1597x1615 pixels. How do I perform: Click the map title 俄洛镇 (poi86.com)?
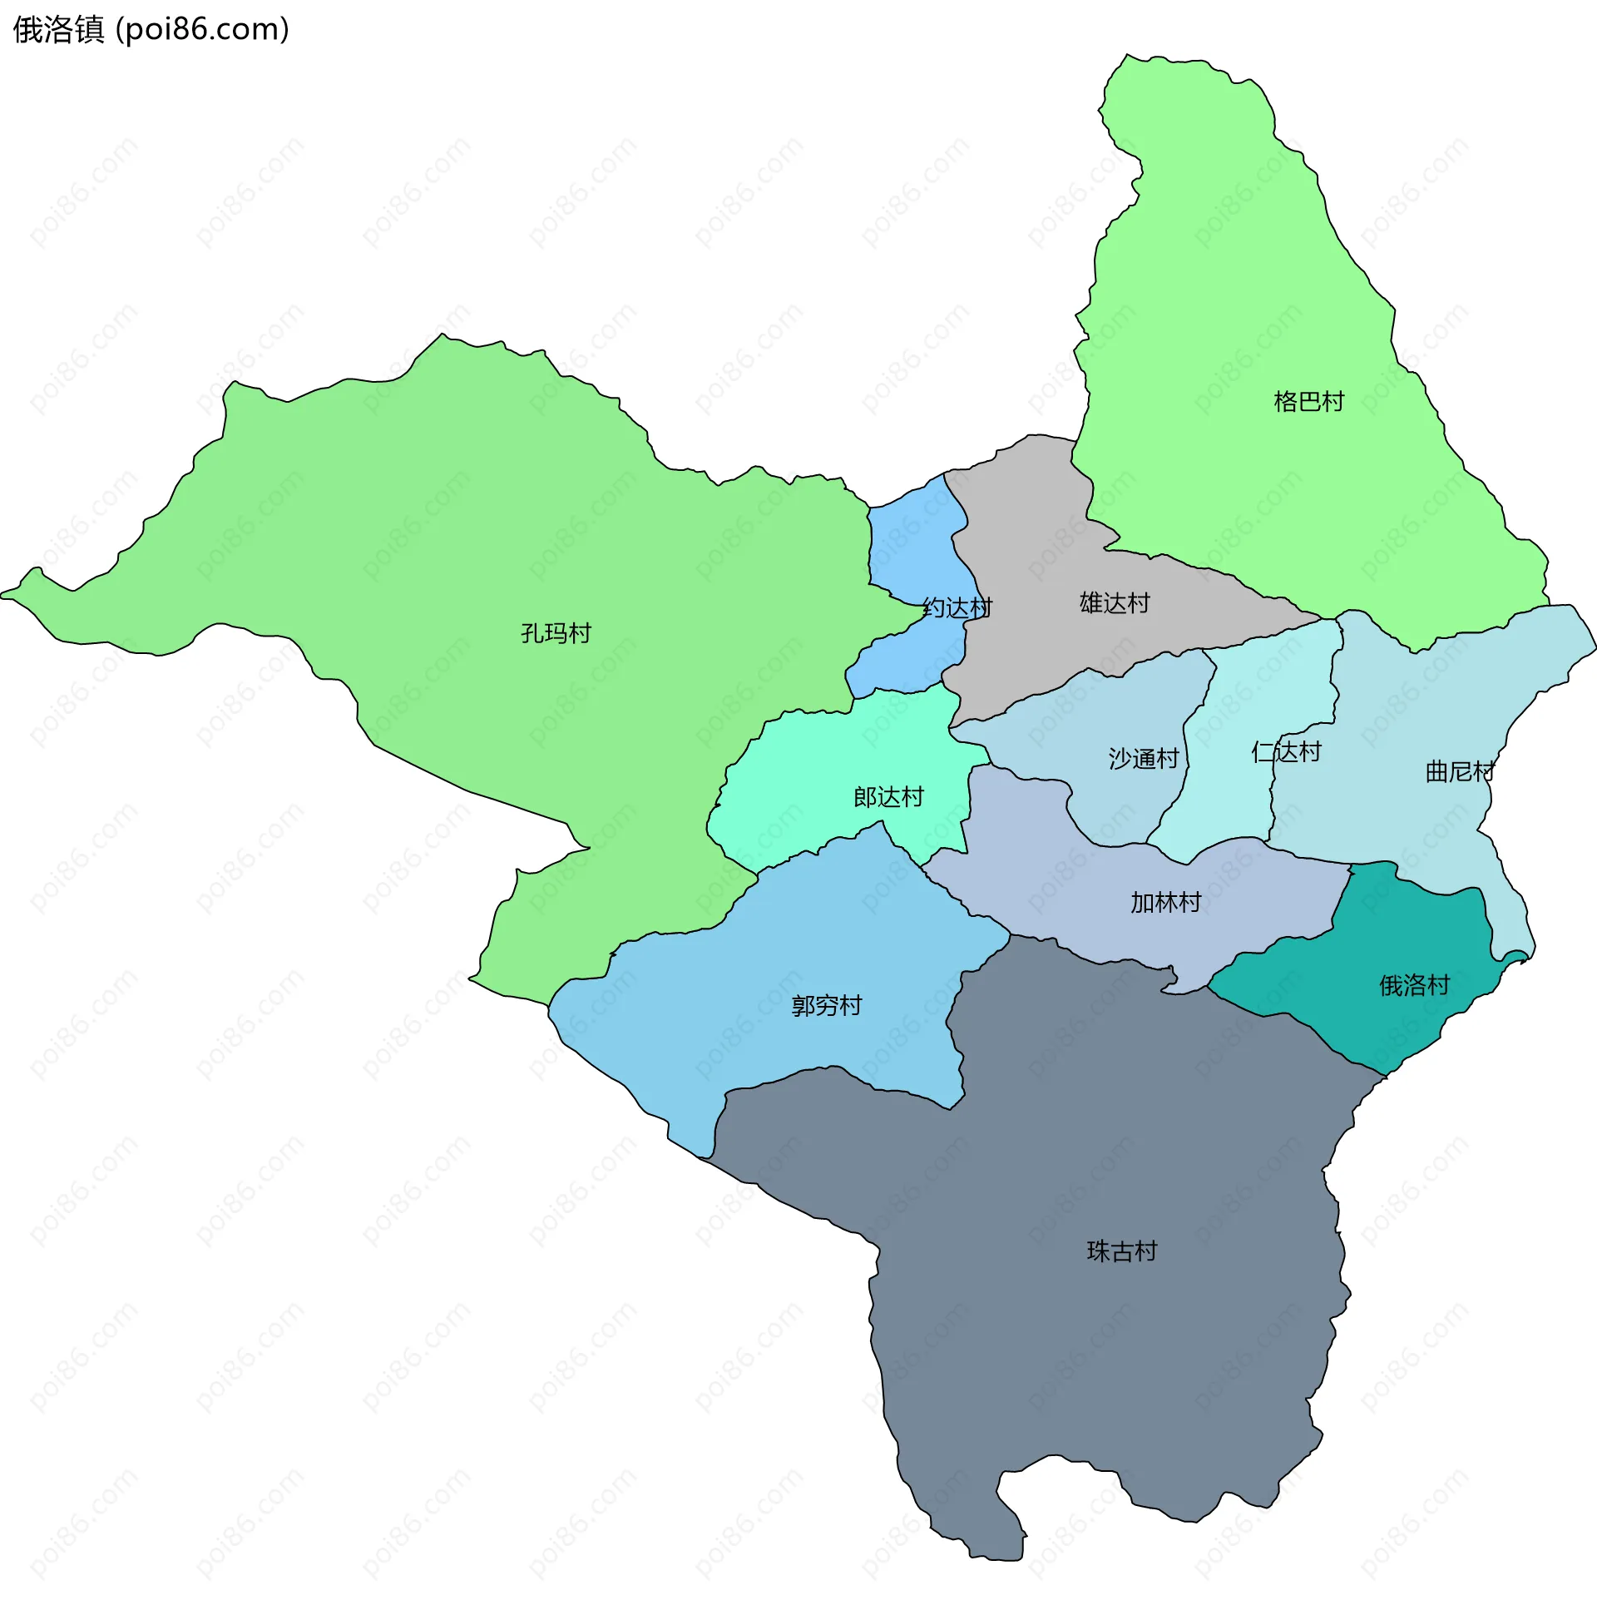tap(151, 30)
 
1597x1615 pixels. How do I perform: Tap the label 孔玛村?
tap(556, 634)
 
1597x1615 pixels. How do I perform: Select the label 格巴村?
tap(1308, 402)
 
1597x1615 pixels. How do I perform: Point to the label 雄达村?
tap(1115, 603)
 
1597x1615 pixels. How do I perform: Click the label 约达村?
tap(957, 608)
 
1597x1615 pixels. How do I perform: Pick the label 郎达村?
tap(888, 797)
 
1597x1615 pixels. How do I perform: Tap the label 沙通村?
tap(1143, 759)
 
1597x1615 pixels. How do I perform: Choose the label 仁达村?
tap(1286, 752)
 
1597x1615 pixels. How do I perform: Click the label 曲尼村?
tap(1459, 771)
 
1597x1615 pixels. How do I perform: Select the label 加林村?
tap(1166, 903)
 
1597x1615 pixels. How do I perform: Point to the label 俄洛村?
tap(1414, 985)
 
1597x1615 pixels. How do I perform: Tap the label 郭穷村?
tap(827, 1006)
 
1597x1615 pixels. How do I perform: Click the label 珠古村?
tap(1121, 1251)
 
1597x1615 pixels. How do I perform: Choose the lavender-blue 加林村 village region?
tap(1045, 886)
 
